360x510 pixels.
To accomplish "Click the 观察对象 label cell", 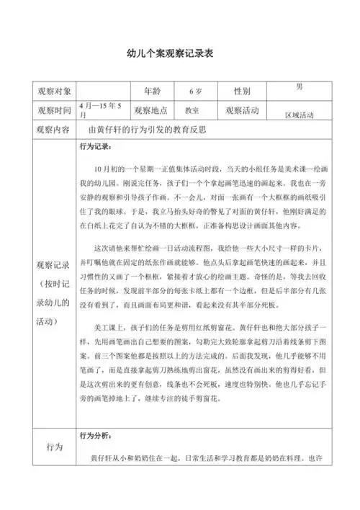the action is [x=50, y=91].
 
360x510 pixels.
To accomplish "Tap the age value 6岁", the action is [x=196, y=92].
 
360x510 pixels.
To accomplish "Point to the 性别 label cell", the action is [x=242, y=91].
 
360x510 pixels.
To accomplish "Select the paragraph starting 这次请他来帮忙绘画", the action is [x=204, y=282].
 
